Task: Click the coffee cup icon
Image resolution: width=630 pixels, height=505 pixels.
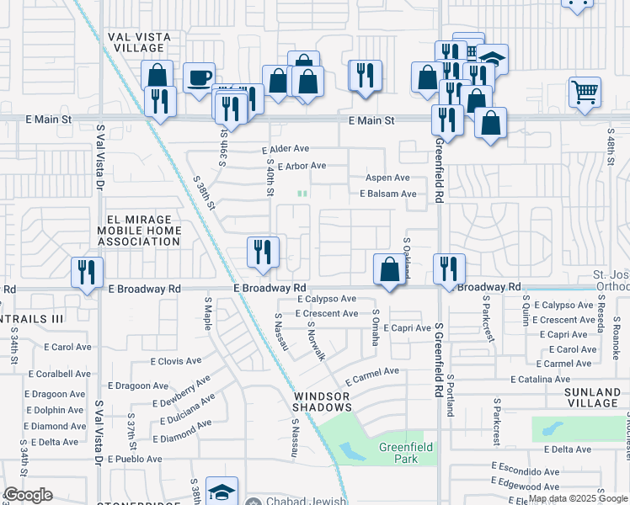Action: pos(199,78)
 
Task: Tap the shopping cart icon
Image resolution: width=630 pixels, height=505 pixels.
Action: pos(585,91)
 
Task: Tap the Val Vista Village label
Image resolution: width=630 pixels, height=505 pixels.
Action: pos(139,43)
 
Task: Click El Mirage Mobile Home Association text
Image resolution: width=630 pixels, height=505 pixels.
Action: pos(138,230)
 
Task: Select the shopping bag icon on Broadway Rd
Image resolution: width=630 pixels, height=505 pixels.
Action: pos(389,270)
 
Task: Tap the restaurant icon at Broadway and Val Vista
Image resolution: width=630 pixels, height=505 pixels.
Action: pos(87,272)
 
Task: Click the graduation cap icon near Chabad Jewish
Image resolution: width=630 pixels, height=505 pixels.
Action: pos(222,492)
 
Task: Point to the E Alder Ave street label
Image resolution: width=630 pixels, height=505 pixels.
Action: pos(285,149)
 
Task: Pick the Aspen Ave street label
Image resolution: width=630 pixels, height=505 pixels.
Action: pos(387,178)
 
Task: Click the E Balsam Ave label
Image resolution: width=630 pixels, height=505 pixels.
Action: pos(387,194)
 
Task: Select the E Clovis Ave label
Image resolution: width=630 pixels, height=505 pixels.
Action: pos(175,361)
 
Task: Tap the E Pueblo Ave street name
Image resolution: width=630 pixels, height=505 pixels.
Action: pos(131,459)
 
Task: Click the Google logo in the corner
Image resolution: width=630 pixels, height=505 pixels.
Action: pos(29,495)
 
